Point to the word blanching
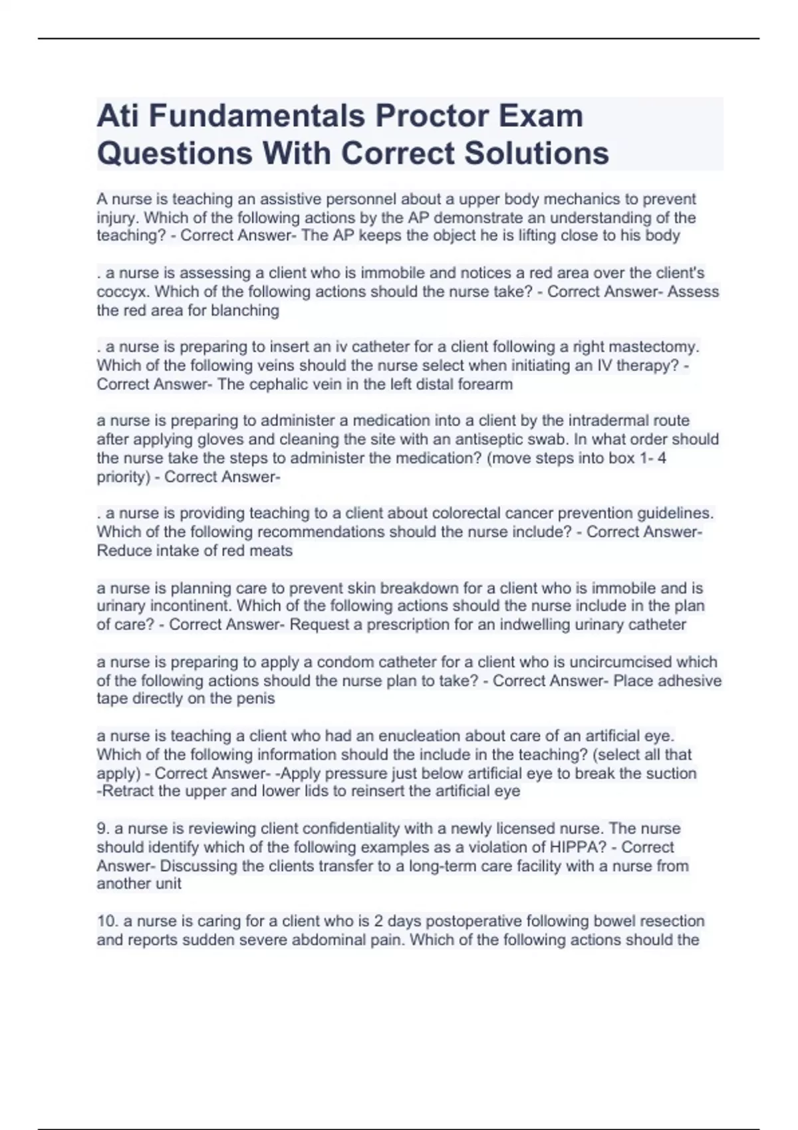point(246,310)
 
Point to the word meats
point(271,550)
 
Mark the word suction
point(670,773)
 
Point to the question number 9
point(103,829)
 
